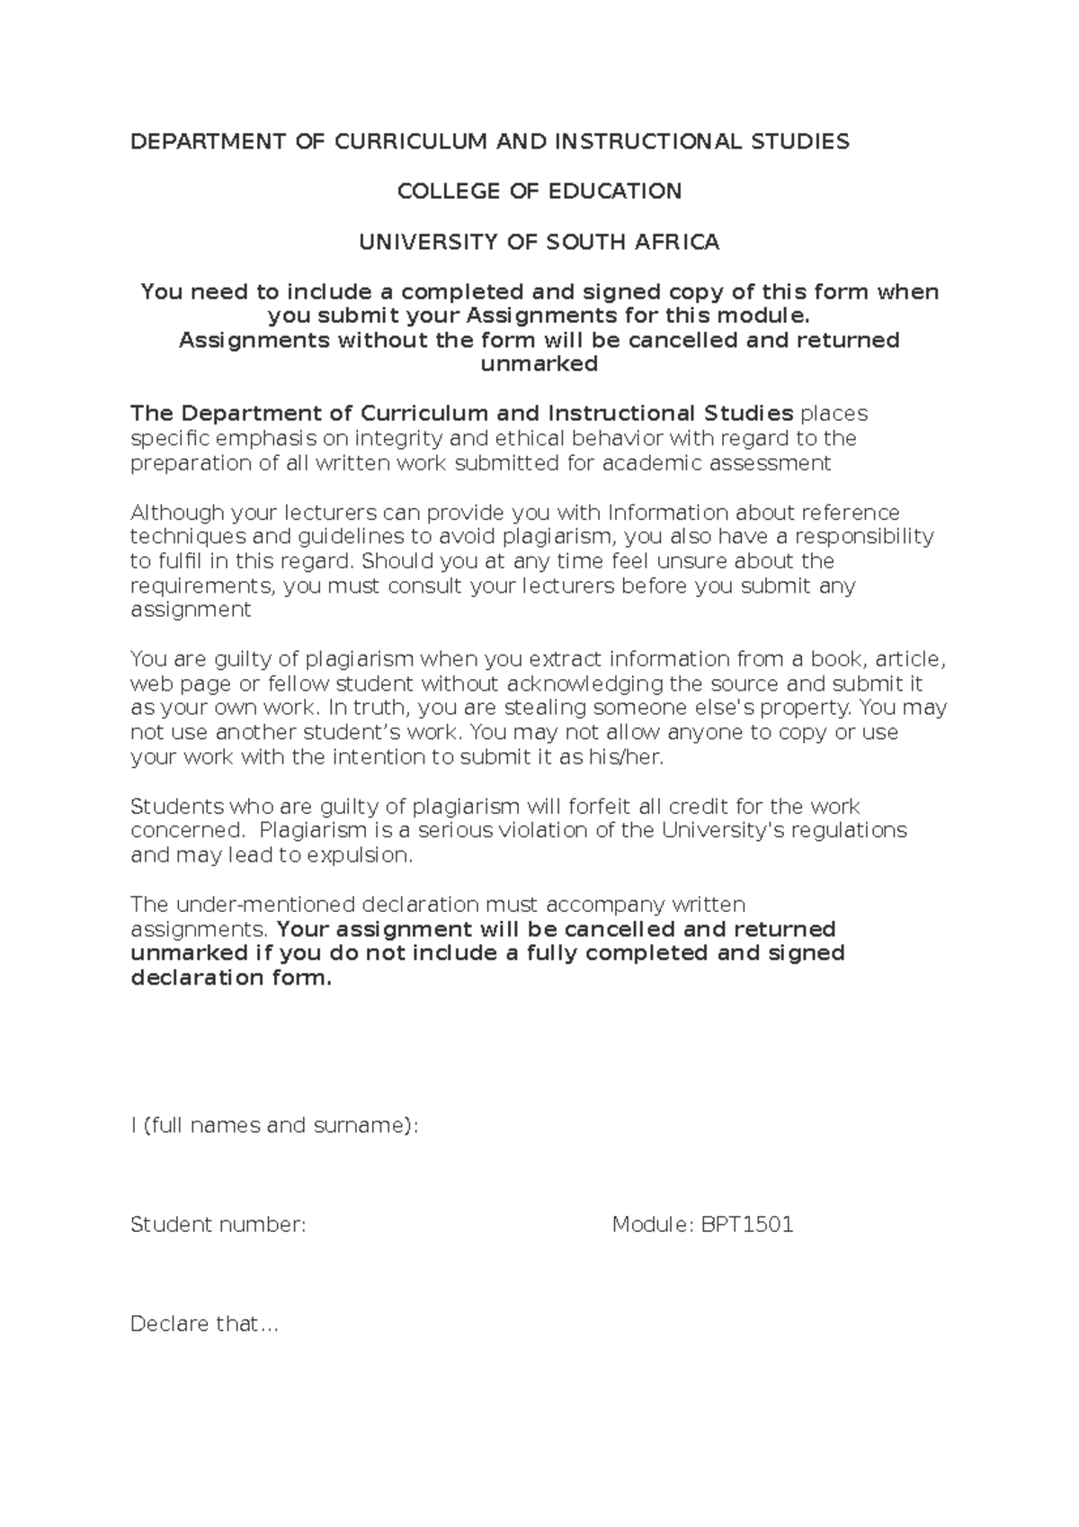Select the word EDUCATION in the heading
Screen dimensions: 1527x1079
(x=616, y=192)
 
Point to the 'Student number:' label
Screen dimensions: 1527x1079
(x=218, y=1225)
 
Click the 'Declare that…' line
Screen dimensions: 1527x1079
(x=205, y=1324)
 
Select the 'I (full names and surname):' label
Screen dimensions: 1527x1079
(x=274, y=1126)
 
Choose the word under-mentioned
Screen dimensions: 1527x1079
(x=267, y=905)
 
